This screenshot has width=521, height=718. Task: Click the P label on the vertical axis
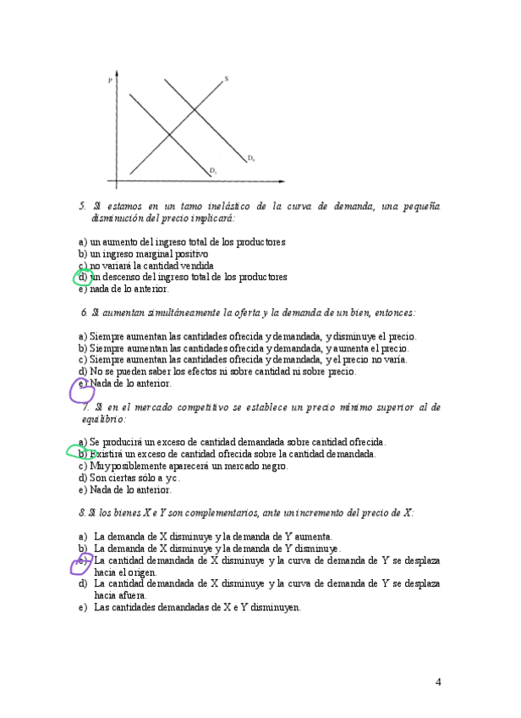(x=111, y=80)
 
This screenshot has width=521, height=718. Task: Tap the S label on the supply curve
(x=226, y=80)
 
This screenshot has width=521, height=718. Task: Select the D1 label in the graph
(x=214, y=171)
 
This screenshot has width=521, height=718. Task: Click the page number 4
(x=438, y=682)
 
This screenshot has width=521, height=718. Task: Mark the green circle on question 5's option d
(x=83, y=277)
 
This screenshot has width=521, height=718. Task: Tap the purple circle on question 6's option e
(x=81, y=388)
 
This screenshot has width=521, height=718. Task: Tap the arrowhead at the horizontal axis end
(x=280, y=182)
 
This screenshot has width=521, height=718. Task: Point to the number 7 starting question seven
(x=85, y=407)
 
